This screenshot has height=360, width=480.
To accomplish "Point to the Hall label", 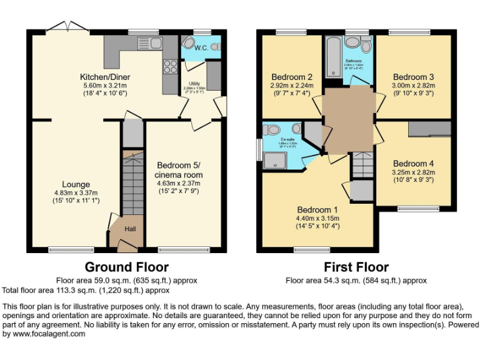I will tap(129, 229).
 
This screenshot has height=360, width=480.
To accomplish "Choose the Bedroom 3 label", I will tap(413, 77).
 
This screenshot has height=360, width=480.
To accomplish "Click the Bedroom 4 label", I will tap(413, 164).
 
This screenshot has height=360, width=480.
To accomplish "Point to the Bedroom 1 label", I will tap(317, 209).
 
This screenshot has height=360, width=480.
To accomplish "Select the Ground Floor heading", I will tap(126, 267).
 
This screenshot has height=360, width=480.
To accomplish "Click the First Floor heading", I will tap(356, 267).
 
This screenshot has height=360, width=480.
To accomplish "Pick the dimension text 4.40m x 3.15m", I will tap(317, 218).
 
